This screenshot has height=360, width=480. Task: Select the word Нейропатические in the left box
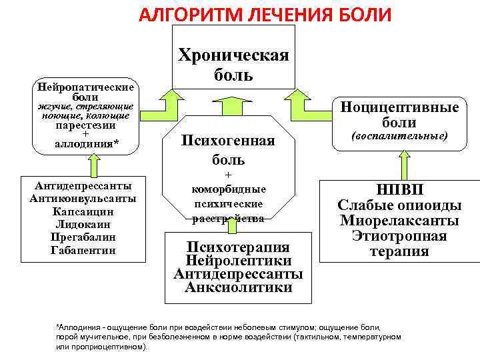coord(86,87)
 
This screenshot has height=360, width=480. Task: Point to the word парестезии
coord(85,125)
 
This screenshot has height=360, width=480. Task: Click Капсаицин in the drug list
coord(83,211)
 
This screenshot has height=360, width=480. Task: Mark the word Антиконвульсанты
coord(83,199)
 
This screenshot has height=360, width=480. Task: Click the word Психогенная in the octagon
coord(229,140)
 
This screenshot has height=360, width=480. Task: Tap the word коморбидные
coord(229,189)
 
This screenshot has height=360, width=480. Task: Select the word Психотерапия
coord(238,246)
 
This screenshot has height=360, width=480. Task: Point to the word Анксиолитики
coord(238,288)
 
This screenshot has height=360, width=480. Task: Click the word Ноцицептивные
coord(399,107)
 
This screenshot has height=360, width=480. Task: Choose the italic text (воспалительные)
coord(399,137)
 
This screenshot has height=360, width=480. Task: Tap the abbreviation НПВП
coord(399,189)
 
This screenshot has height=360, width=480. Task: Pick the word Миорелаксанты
coord(399,221)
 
